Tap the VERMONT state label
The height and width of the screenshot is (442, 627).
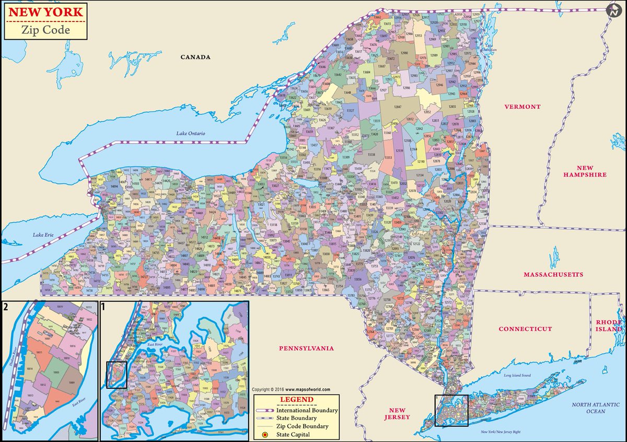click(522, 107)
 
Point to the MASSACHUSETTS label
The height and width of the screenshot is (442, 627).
click(553, 274)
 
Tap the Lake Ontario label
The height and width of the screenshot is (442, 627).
click(191, 134)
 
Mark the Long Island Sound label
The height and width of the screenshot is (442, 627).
click(517, 375)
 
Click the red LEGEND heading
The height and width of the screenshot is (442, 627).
click(296, 400)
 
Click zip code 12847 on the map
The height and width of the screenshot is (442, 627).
click(398, 107)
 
